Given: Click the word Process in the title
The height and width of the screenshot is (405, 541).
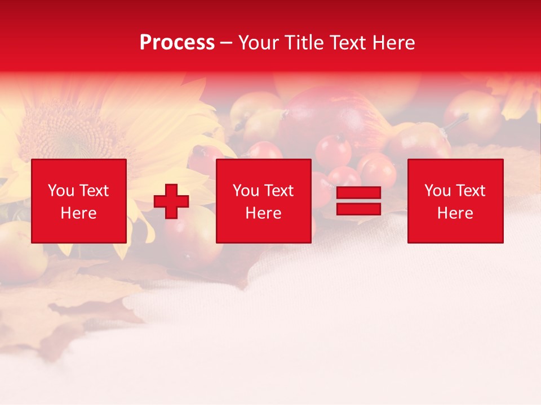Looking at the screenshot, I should click(177, 43).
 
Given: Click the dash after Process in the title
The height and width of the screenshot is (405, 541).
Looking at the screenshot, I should click(227, 43).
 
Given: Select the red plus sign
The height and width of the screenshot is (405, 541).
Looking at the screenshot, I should click(171, 201).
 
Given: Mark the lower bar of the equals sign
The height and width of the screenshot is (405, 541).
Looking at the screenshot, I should click(358, 209).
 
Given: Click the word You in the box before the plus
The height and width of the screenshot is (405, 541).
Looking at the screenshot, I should click(61, 191).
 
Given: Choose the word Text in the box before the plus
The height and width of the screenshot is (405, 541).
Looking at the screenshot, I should click(93, 191).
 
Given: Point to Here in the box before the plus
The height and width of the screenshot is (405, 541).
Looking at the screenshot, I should click(78, 213).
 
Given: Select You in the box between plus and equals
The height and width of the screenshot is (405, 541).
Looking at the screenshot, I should click(246, 191).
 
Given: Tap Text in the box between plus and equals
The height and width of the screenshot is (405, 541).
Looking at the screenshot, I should click(278, 191).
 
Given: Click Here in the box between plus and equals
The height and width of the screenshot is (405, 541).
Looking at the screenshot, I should click(263, 213).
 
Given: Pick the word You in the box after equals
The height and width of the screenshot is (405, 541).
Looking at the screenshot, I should click(437, 191).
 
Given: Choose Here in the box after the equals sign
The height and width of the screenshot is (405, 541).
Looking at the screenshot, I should click(455, 213).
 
